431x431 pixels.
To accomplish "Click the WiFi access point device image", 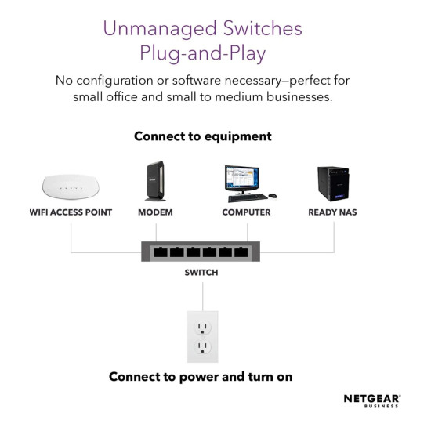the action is pos(71,187).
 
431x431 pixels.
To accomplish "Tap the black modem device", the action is pos(155,181).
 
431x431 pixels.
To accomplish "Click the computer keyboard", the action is pos(248,197).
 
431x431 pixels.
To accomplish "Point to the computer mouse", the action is pos(273,196).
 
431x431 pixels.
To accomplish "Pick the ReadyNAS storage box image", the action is pos(333,183).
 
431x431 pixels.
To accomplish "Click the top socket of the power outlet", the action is pos(203,327).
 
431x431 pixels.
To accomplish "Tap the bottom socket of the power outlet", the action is pos(203,346).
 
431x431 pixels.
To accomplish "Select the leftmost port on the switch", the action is pos(160,252).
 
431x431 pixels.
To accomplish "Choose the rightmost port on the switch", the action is pos(241,252).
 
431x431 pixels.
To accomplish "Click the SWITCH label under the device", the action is pos(201,273).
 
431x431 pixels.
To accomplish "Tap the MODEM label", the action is pos(155,212).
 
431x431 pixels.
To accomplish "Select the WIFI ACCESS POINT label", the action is pos(71,212).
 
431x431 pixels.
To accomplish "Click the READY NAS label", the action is pos(332,212).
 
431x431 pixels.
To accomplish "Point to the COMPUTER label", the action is pos(246,212).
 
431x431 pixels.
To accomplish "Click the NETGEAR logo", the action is pos(372,401).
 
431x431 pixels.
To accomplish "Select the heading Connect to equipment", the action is pos(203,136).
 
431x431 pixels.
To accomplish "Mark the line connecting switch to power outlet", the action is pos(203,296).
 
